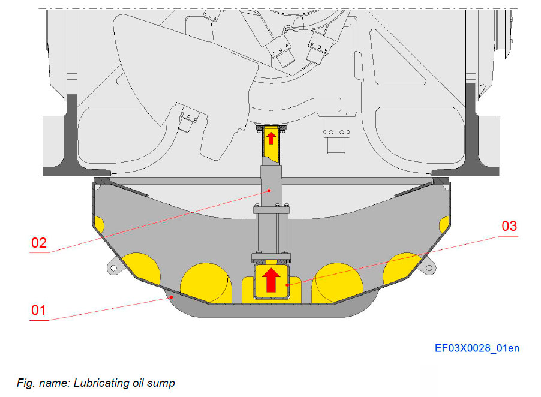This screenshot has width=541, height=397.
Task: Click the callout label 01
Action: [x=39, y=311]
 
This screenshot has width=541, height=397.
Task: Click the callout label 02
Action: [x=39, y=243]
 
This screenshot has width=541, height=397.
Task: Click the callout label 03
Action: [x=509, y=227]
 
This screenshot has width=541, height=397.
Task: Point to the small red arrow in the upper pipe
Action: [x=271, y=138]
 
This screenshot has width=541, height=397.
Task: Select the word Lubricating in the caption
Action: [x=98, y=382]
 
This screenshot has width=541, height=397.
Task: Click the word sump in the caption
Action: [x=161, y=382]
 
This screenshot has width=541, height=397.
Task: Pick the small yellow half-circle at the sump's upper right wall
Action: [x=443, y=226]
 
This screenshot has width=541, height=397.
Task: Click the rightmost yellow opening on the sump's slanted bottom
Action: [x=401, y=269]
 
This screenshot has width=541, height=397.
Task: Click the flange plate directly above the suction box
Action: [x=271, y=260]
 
